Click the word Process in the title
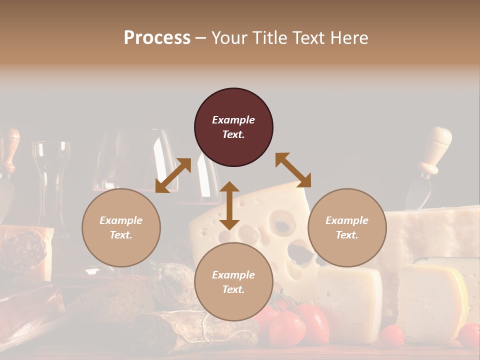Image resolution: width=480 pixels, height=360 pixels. (x=157, y=37)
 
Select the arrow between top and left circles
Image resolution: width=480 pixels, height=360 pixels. (x=173, y=175)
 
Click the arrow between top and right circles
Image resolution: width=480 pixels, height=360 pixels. (x=293, y=170)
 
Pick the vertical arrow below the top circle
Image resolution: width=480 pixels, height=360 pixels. (x=229, y=205)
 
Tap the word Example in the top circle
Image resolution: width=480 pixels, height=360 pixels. (x=233, y=120)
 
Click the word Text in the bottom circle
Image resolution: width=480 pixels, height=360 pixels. (x=233, y=289)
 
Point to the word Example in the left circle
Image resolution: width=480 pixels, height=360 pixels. (x=121, y=220)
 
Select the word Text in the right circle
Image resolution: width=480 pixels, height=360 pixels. (x=346, y=235)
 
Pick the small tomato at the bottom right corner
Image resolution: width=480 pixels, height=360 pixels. (x=469, y=334)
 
